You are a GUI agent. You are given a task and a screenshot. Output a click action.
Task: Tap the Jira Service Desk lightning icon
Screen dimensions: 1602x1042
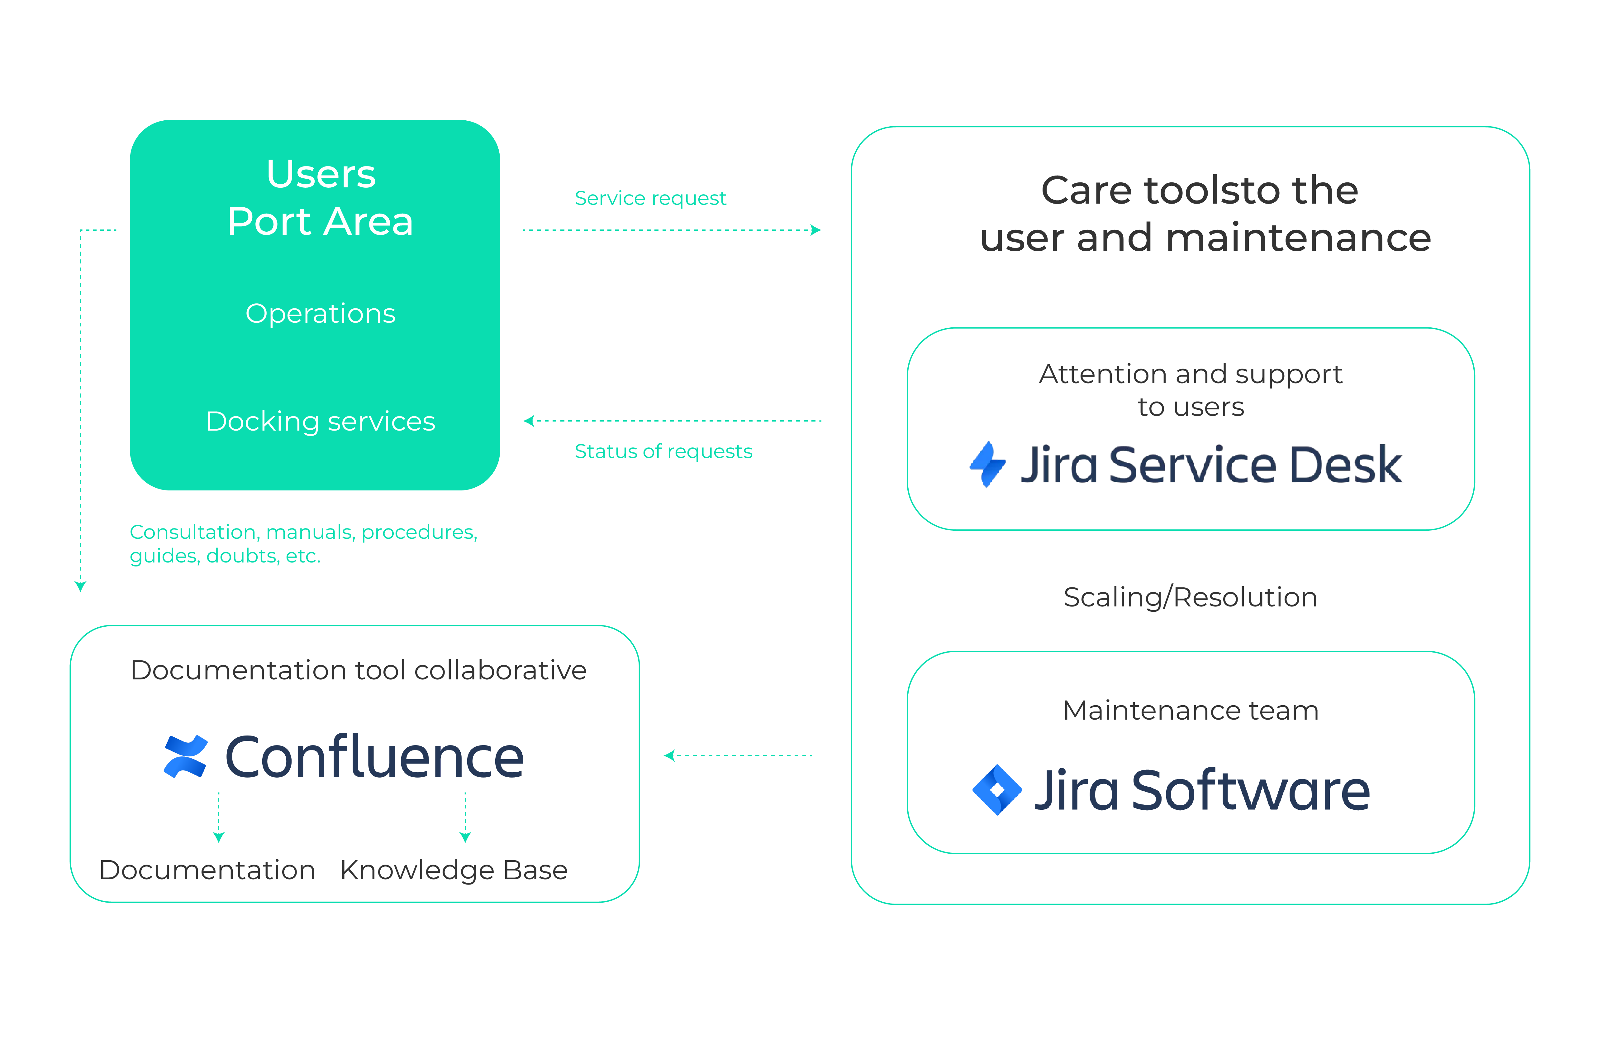[987, 464]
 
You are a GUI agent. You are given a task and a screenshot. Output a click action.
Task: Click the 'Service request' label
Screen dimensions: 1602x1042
[650, 198]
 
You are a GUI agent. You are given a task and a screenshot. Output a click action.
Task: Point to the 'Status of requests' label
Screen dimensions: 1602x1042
[663, 451]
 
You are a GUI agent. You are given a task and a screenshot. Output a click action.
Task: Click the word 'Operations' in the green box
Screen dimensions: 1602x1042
[321, 314]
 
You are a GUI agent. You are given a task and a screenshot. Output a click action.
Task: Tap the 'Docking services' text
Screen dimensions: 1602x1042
[321, 422]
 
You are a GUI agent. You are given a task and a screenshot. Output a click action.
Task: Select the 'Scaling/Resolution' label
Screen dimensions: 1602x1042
[1190, 597]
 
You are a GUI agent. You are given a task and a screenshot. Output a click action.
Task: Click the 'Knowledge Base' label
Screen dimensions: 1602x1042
[454, 870]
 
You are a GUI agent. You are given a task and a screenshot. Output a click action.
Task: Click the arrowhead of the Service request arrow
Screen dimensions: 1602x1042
[816, 230]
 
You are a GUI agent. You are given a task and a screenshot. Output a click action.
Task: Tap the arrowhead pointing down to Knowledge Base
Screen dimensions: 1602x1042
[465, 837]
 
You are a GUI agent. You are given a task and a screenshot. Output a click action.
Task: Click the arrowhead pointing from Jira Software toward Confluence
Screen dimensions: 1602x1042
[669, 756]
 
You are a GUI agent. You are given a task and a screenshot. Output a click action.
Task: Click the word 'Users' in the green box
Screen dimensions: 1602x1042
[321, 174]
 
